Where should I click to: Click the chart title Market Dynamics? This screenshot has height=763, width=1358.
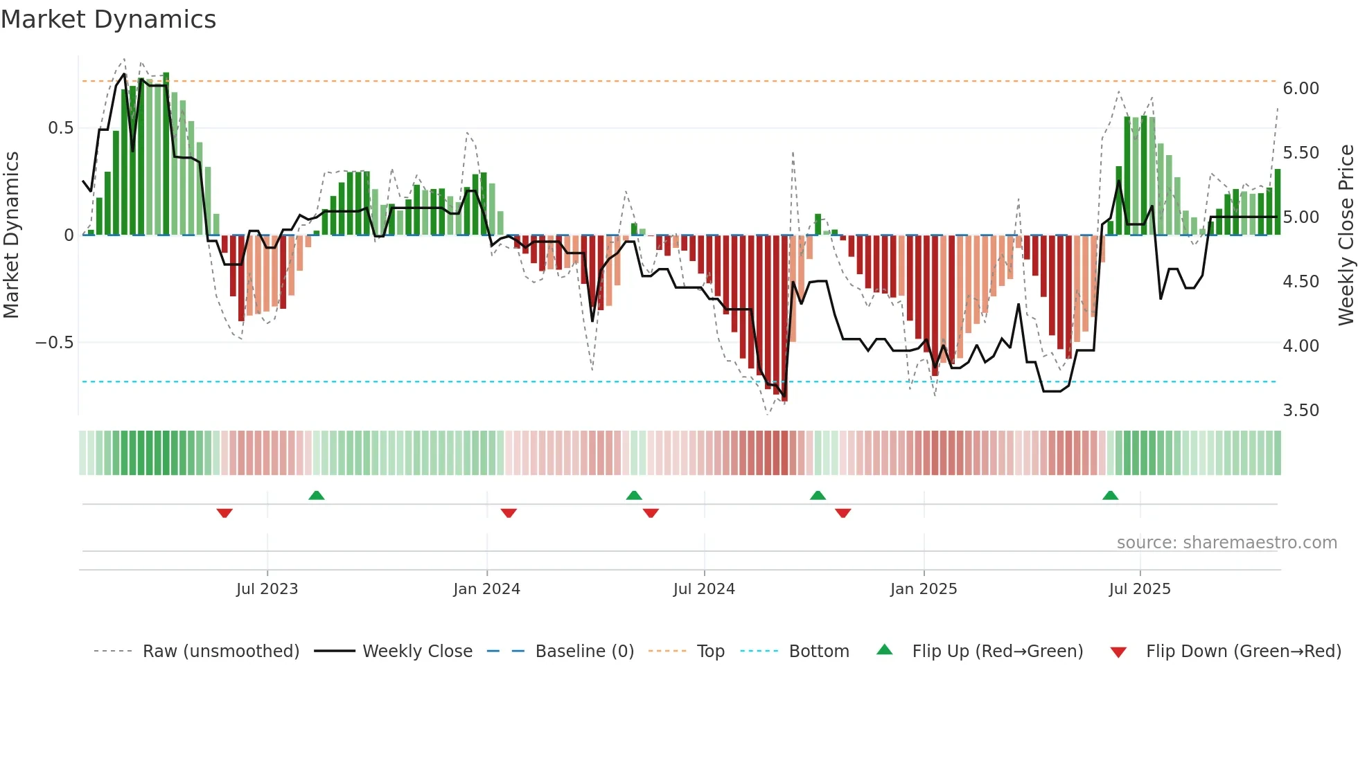point(108,19)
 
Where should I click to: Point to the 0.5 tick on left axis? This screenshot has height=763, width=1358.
point(60,128)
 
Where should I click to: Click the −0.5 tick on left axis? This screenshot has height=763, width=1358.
point(54,343)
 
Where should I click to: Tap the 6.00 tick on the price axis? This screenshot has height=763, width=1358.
point(1300,89)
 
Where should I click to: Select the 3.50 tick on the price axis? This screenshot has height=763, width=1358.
point(1300,411)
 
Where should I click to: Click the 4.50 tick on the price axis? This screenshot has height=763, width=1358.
point(1300,282)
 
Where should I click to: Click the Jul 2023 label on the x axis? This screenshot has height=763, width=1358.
point(267,589)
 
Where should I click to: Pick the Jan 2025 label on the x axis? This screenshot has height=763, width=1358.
point(923,589)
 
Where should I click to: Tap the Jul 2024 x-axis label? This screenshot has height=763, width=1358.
point(703,589)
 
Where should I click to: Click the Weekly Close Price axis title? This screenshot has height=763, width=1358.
point(1346,235)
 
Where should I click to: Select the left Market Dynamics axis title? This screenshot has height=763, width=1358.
point(11,235)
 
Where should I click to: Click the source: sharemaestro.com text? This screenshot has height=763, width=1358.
point(1226,543)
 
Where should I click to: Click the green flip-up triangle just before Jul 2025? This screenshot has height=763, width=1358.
point(1110,495)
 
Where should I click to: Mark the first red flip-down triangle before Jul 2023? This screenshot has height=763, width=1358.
point(224,513)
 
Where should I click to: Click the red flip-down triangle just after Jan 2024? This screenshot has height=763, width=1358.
point(509,513)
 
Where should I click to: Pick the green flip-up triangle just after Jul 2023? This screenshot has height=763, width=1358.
point(316,495)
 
